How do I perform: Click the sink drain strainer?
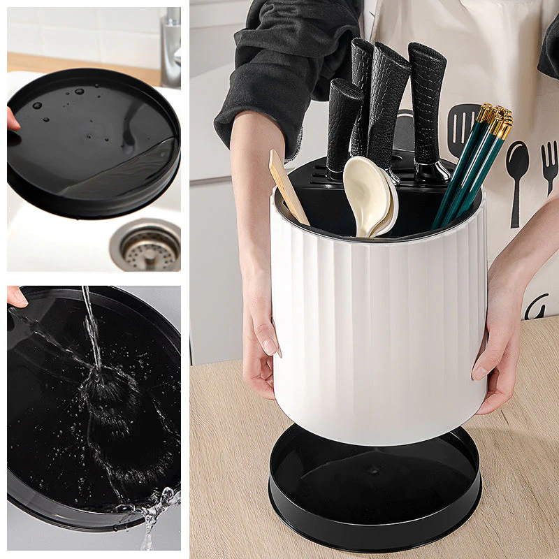(x=149, y=246)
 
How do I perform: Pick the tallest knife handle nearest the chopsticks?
(x=427, y=105)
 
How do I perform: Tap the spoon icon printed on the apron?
(x=517, y=175)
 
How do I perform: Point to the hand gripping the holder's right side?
(x=500, y=349)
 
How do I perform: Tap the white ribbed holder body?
(x=377, y=328)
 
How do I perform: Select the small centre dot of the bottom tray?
(x=375, y=470)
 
